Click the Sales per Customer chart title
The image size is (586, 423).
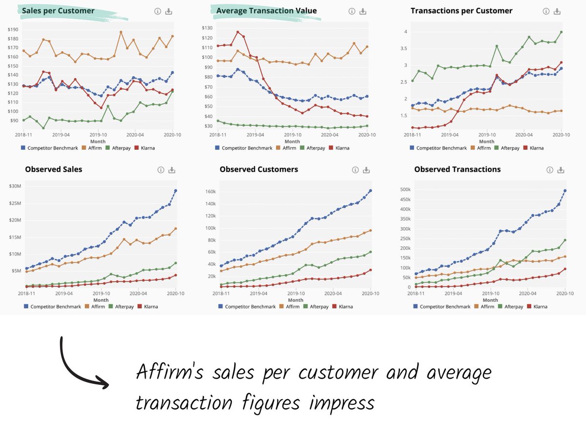coord(58,11)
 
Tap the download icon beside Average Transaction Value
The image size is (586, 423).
coord(363,11)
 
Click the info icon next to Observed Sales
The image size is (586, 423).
coord(160,170)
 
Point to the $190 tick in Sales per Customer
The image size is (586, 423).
coord(13,30)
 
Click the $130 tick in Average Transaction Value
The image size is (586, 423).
coord(208,28)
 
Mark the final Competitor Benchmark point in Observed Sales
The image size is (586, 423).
coord(176,190)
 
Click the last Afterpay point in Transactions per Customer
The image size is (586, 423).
coord(561,32)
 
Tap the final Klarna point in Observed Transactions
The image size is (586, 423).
coord(565,269)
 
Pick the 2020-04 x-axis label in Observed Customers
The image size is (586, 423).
coord(333,294)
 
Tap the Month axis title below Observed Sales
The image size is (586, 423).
coord(101,300)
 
